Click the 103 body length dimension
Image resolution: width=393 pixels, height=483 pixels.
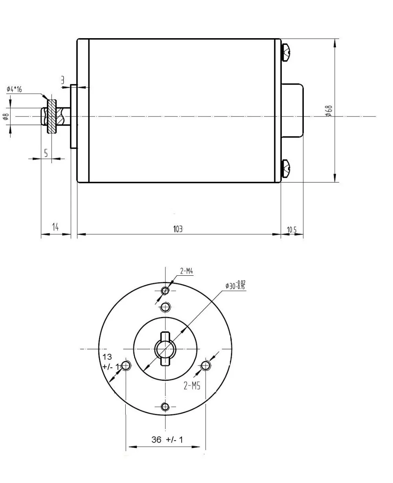click(178, 229)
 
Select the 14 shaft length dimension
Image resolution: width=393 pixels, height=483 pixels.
click(55, 227)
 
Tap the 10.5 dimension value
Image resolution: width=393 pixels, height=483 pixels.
click(292, 230)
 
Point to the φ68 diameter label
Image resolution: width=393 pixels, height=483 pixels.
click(329, 111)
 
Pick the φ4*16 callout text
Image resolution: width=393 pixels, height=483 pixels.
click(15, 89)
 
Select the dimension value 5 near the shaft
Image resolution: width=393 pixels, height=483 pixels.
click(46, 153)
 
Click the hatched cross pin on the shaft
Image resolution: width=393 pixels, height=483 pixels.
click(51, 116)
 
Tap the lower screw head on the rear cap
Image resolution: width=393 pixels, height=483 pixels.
click(286, 169)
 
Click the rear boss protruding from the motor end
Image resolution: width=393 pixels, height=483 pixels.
click(292, 111)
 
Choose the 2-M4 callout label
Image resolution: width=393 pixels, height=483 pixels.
click(186, 271)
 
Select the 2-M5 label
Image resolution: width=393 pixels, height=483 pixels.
click(192, 386)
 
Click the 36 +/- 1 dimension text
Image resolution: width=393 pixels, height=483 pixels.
click(167, 440)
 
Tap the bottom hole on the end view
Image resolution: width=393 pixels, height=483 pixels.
click(165, 406)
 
